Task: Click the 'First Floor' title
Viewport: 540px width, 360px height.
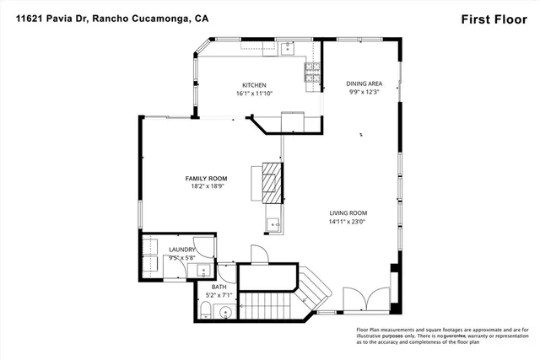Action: point(493,18)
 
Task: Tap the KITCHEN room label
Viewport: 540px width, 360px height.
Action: point(254,85)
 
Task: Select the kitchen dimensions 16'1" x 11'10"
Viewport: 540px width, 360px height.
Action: point(254,94)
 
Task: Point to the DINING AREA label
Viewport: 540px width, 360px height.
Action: point(364,83)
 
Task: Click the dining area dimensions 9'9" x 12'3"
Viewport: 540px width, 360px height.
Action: point(364,93)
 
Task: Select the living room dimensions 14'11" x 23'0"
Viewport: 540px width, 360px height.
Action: point(353,222)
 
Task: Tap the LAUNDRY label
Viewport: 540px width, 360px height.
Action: point(182,250)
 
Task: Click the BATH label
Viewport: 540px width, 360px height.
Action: point(219,287)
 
